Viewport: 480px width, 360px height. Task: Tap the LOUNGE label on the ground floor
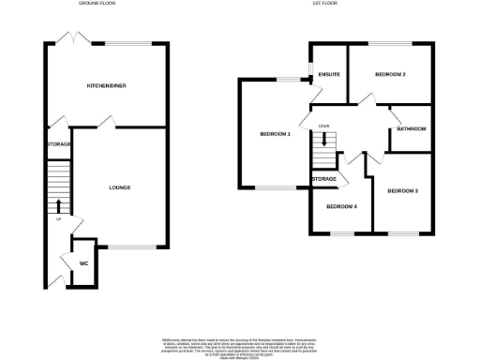point(119,187)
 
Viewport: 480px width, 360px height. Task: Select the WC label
point(84,263)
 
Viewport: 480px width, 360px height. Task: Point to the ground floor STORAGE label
point(59,144)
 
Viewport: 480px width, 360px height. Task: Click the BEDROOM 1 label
point(276,134)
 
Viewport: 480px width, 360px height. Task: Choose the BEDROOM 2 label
point(390,73)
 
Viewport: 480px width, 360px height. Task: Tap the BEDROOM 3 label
point(402,190)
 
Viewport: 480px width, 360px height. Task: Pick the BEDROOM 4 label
point(341,206)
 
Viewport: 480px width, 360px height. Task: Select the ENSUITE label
point(328,73)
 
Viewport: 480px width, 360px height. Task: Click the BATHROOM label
point(410,128)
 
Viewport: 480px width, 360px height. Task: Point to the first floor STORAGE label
point(324,178)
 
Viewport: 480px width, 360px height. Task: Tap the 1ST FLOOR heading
point(323,4)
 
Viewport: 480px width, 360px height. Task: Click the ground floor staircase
point(58,178)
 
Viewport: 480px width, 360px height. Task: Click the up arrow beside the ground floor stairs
point(59,205)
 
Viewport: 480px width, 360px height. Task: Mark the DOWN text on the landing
point(323,126)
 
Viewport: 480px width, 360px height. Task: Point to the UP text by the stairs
point(58,219)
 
